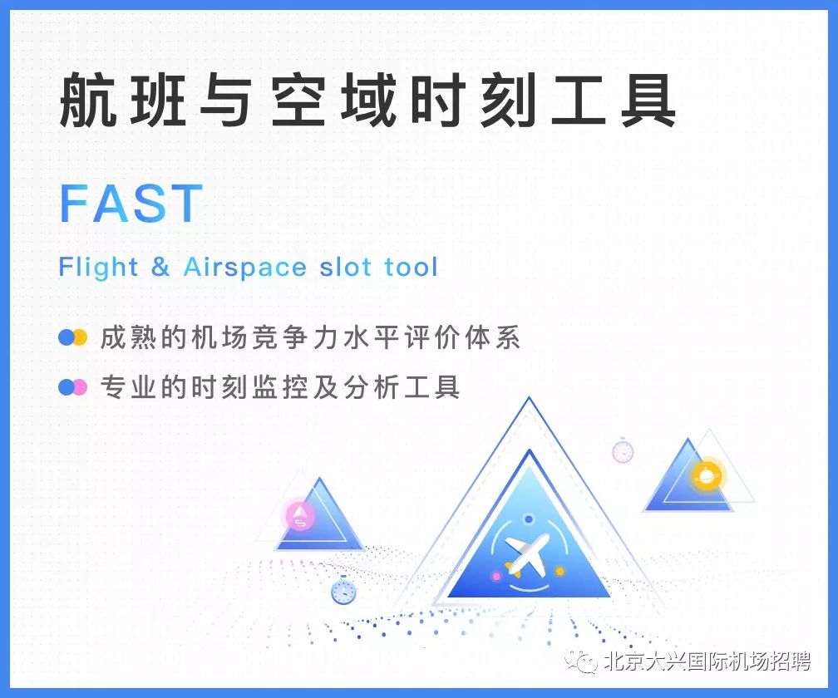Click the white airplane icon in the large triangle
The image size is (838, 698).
(526, 553)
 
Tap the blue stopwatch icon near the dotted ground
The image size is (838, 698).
(343, 591)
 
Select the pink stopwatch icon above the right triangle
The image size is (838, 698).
(623, 450)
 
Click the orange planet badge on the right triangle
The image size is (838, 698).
(707, 474)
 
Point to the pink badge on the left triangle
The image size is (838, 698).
(300, 515)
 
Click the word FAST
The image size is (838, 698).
(131, 203)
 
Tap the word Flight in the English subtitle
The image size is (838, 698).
(99, 267)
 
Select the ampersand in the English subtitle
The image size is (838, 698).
(160, 266)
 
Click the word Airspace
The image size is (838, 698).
(244, 268)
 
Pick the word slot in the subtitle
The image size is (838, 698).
(345, 267)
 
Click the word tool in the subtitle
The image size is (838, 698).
(411, 267)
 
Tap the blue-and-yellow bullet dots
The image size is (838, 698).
(72, 337)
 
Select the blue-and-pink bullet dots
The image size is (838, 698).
(72, 387)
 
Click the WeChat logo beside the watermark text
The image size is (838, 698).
(582, 662)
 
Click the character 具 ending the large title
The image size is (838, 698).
(648, 101)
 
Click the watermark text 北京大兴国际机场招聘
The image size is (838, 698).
(707, 661)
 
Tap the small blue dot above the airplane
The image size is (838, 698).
(529, 519)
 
